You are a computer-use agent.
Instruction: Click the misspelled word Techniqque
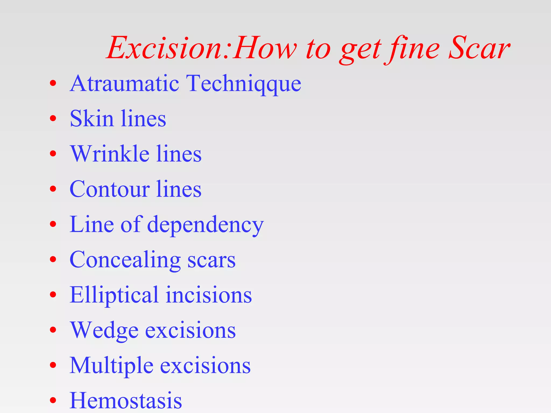point(243,84)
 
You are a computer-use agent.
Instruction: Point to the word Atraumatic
point(124,84)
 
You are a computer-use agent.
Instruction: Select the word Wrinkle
point(110,154)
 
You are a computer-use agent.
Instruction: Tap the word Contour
point(109,189)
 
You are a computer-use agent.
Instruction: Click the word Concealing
point(125,260)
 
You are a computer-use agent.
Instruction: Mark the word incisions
point(209,295)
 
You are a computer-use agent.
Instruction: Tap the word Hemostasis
point(126,401)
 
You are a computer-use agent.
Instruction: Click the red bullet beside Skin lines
point(53,118)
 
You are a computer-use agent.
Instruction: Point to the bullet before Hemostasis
point(53,400)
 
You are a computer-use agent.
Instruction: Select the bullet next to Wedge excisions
point(53,330)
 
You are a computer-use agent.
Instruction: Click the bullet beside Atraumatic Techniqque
point(53,83)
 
